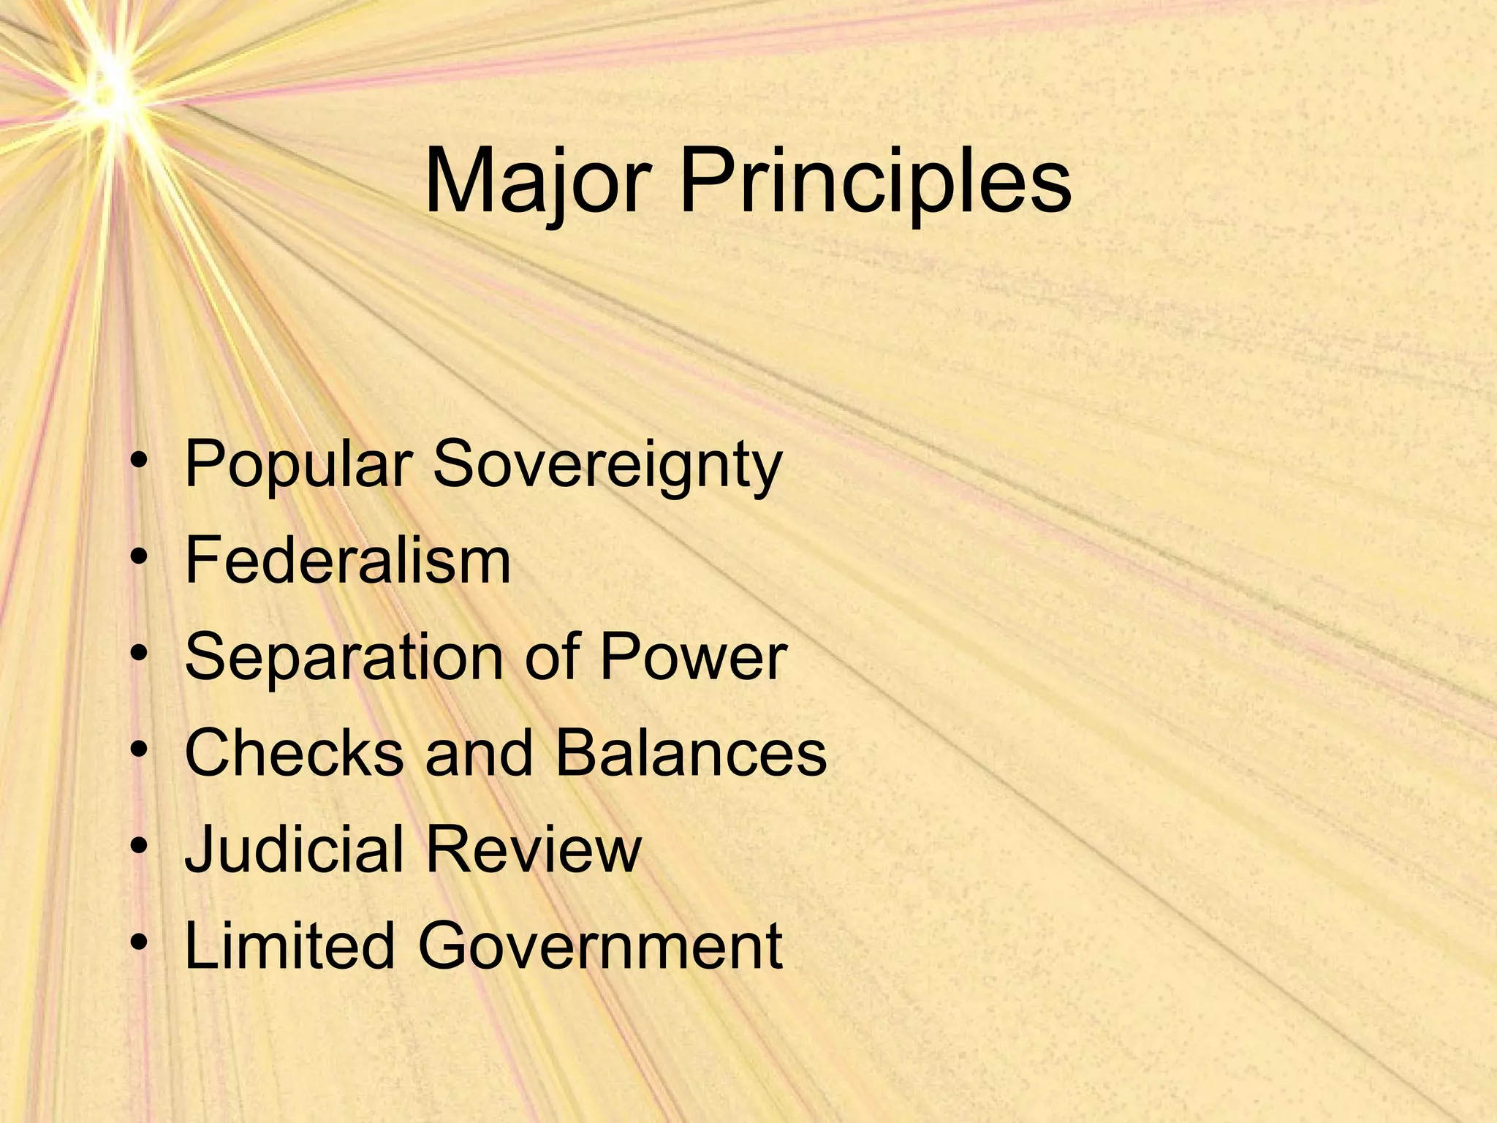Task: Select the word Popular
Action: click(x=297, y=465)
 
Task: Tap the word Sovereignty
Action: click(x=607, y=465)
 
